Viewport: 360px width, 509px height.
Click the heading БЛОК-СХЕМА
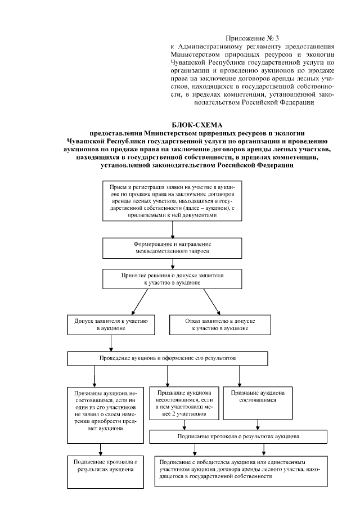pyautogui.click(x=197, y=124)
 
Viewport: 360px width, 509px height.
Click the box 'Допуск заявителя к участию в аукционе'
pyautogui.click(x=111, y=323)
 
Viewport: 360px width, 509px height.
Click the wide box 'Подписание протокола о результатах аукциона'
pyautogui.click(x=238, y=436)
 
